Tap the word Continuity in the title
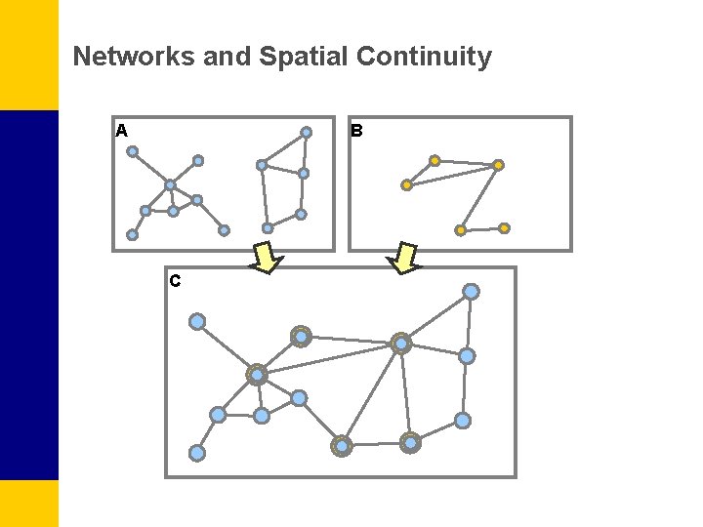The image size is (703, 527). (424, 57)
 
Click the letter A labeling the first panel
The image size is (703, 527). (121, 130)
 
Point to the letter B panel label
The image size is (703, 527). (356, 130)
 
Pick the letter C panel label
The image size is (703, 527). (174, 281)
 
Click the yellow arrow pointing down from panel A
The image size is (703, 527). (267, 258)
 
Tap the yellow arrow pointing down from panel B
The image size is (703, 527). (403, 258)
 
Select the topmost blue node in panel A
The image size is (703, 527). (306, 133)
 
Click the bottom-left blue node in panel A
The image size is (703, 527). (132, 234)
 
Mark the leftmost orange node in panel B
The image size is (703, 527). (407, 184)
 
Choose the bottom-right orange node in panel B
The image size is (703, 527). (504, 228)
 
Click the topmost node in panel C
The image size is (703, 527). (471, 292)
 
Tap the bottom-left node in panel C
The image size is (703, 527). (197, 453)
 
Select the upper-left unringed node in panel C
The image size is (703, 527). (197, 321)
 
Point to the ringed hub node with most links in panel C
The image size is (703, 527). (257, 374)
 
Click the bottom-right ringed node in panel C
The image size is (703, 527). (410, 443)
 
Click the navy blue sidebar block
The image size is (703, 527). (29, 293)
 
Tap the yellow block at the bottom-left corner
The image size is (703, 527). (29, 503)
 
